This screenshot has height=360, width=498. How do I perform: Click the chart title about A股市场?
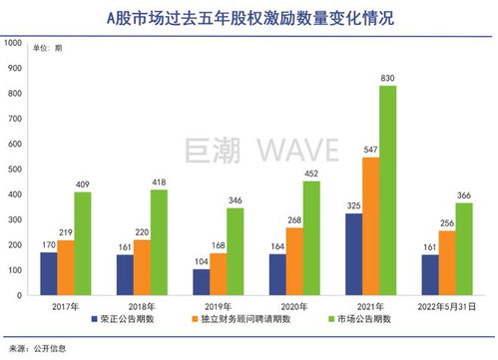(x=249, y=17)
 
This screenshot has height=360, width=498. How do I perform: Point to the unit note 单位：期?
(x=47, y=48)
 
